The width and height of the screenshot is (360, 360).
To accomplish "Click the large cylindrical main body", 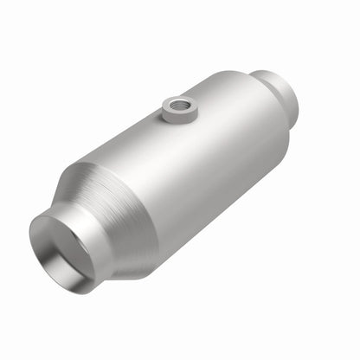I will tap(208, 164).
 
